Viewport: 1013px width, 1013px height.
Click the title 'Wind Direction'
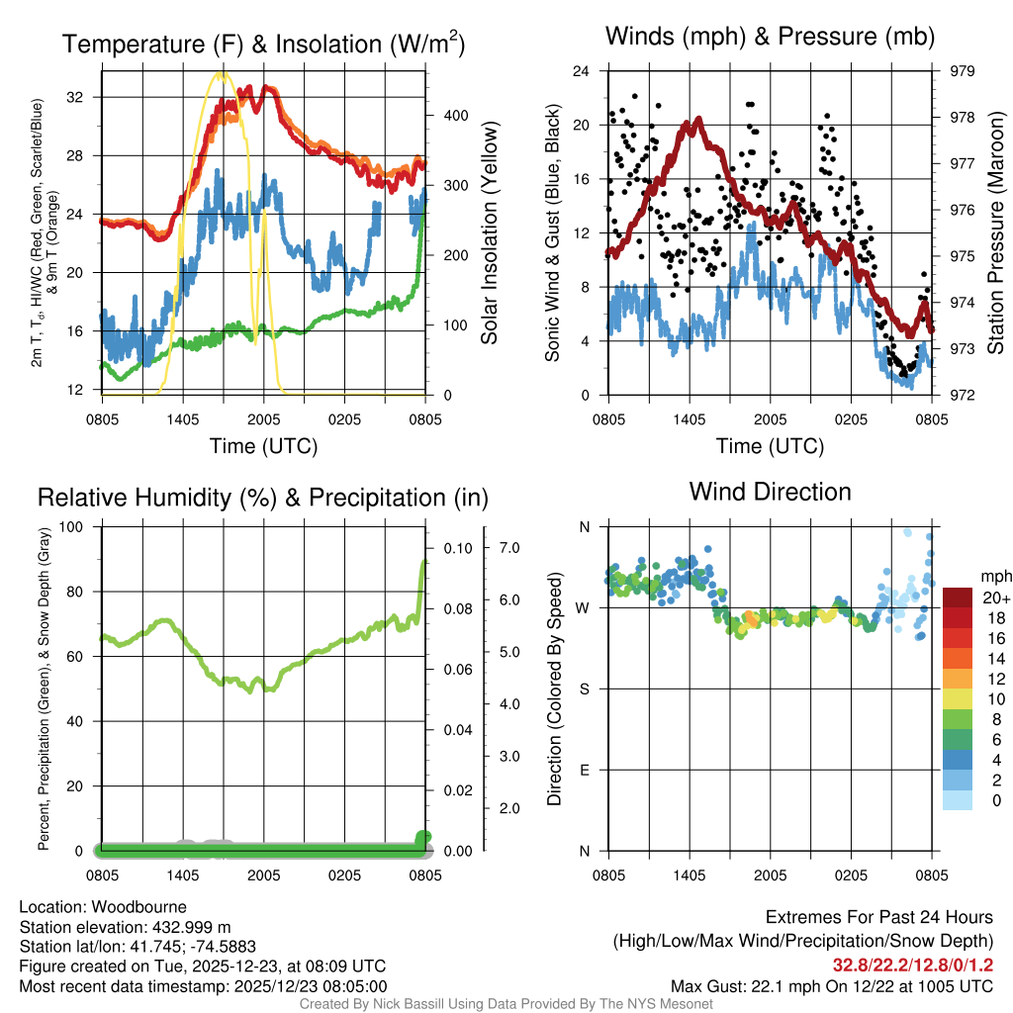770,492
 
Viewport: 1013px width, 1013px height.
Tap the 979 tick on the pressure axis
962,71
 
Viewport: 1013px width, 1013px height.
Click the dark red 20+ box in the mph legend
958,598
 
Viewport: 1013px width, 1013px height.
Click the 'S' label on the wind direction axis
584,689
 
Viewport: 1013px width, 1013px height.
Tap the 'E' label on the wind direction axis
584,770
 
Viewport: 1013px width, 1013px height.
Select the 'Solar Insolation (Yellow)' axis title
489,233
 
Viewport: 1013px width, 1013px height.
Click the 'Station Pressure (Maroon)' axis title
996,233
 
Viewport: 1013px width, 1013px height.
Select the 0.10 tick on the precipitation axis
456,547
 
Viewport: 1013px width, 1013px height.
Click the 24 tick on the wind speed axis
582,71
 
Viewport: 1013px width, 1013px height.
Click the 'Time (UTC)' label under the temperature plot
263,446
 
